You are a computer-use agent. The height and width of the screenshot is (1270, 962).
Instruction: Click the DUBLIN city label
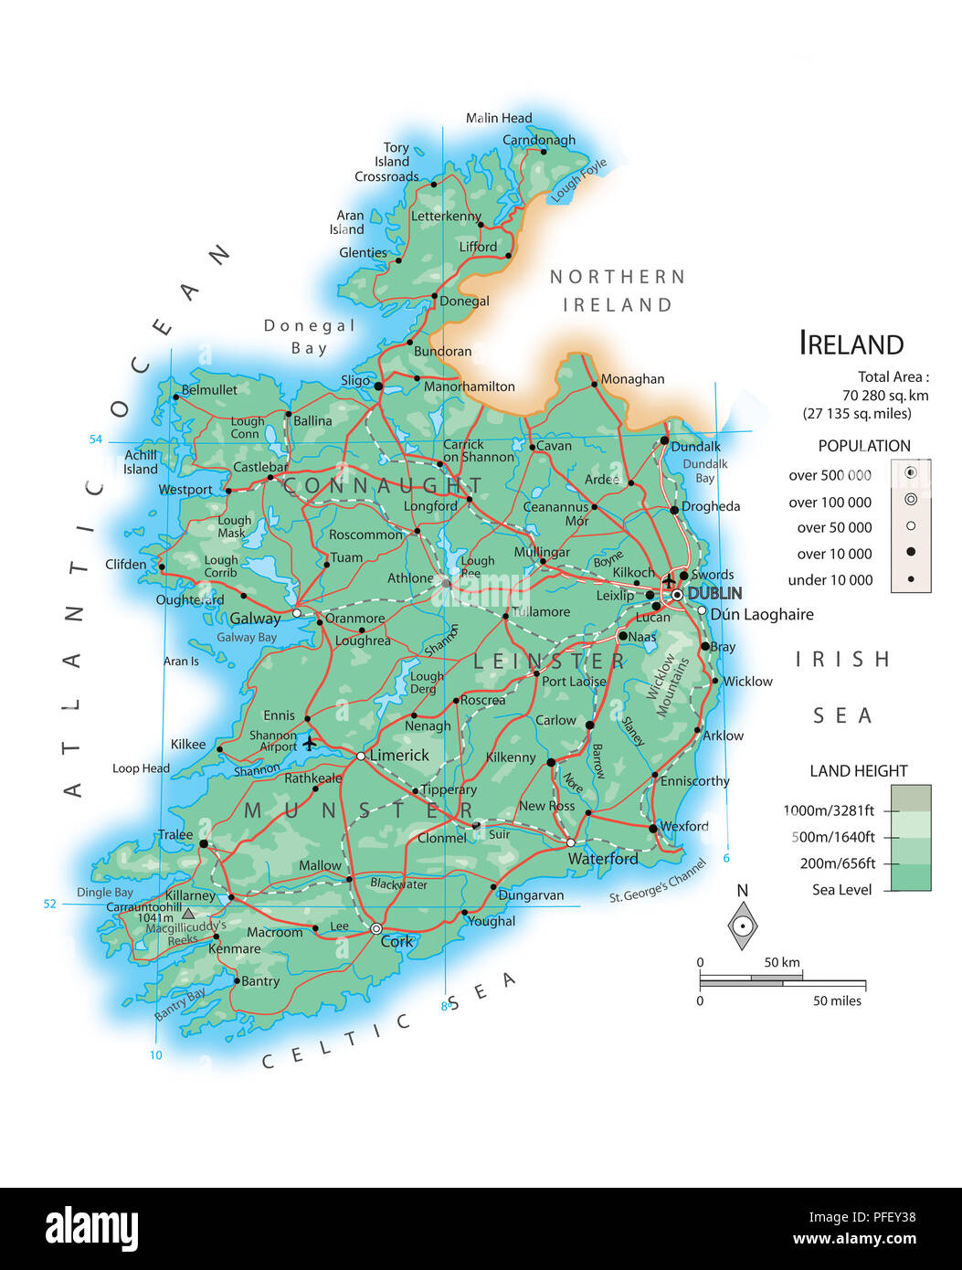[714, 593]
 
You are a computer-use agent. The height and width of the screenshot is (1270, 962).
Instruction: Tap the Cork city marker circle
[375, 928]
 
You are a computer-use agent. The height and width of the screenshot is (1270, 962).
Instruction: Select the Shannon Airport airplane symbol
[310, 742]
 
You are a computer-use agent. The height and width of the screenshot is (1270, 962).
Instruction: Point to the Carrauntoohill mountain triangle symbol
[188, 913]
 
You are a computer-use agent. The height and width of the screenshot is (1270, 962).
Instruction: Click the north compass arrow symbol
[743, 926]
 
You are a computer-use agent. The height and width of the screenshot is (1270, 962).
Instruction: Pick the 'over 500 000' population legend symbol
[911, 473]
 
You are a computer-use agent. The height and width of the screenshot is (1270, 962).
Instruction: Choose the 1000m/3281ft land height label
[829, 810]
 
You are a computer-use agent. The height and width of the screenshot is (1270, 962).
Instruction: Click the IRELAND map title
[851, 344]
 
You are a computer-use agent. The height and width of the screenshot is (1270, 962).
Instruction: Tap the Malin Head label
[499, 118]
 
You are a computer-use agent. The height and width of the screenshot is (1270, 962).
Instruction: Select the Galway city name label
[255, 619]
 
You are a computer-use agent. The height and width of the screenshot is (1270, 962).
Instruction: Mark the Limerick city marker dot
[361, 756]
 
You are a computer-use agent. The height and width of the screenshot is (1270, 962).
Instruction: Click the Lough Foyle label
[578, 181]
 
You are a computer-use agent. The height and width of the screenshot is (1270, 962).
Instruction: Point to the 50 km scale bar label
[782, 962]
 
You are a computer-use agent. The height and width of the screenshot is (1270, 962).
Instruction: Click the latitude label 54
[96, 439]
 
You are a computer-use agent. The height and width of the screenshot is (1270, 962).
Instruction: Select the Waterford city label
[603, 859]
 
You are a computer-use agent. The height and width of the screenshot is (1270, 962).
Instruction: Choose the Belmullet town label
[209, 389]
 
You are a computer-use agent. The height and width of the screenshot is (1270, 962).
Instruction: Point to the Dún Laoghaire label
[761, 614]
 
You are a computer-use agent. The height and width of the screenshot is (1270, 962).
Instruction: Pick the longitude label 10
[156, 1055]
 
